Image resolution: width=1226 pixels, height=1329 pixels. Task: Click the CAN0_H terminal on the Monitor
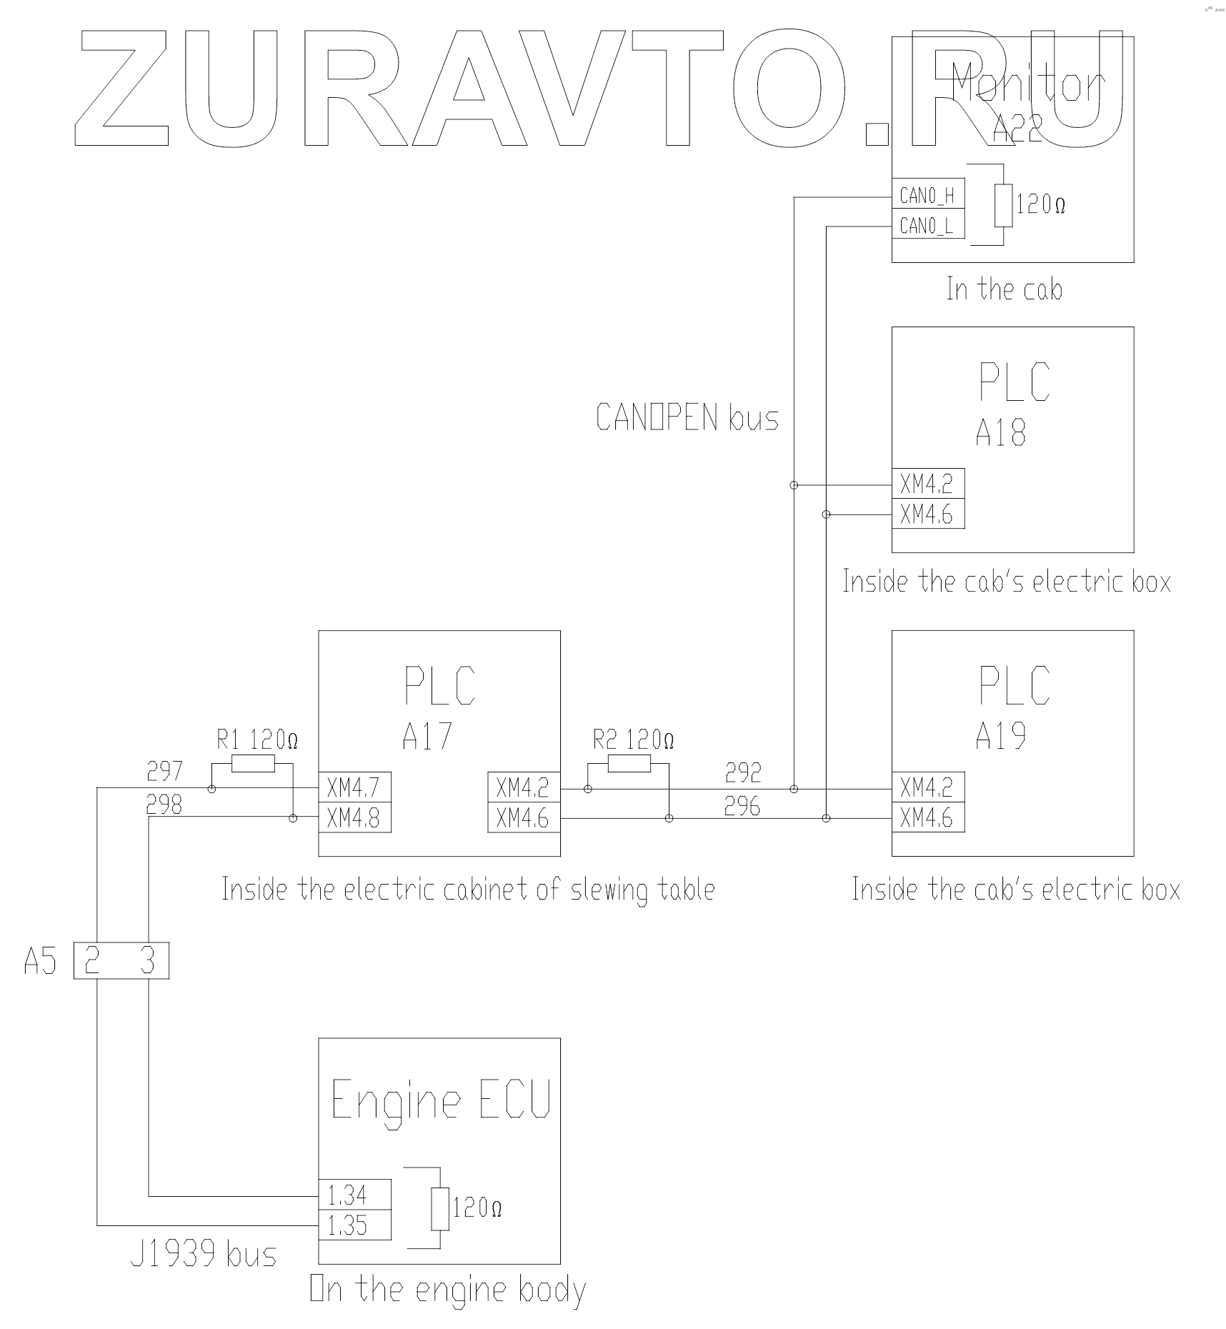tap(927, 195)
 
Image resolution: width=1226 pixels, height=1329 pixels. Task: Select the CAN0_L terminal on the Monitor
tap(927, 226)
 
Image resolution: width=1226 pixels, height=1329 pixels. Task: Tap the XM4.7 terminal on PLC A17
tap(354, 788)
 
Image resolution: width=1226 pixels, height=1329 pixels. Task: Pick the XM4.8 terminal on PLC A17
tap(354, 818)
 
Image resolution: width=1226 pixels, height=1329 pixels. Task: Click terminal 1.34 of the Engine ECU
tap(354, 1194)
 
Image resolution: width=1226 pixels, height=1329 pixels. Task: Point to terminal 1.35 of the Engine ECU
tap(354, 1225)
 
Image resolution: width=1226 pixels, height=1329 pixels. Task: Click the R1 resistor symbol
tap(253, 765)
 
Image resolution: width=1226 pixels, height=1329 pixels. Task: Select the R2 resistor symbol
tap(629, 765)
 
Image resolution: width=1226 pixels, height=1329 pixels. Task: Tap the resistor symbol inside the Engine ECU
tap(440, 1209)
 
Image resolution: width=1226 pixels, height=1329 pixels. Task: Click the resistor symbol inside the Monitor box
tap(1004, 206)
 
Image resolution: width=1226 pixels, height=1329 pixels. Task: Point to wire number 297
tap(164, 771)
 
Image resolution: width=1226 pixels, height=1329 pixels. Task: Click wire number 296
tap(742, 807)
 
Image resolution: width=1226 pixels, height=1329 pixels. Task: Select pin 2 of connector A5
tap(92, 960)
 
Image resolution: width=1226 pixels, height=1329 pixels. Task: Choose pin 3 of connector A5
tap(148, 960)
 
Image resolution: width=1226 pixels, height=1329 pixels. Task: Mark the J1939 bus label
tap(204, 1255)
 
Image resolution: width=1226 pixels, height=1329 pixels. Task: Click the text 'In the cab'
tap(1004, 289)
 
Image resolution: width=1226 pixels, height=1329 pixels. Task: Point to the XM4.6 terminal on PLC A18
tap(927, 514)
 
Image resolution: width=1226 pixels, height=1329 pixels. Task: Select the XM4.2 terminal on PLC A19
tap(927, 787)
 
